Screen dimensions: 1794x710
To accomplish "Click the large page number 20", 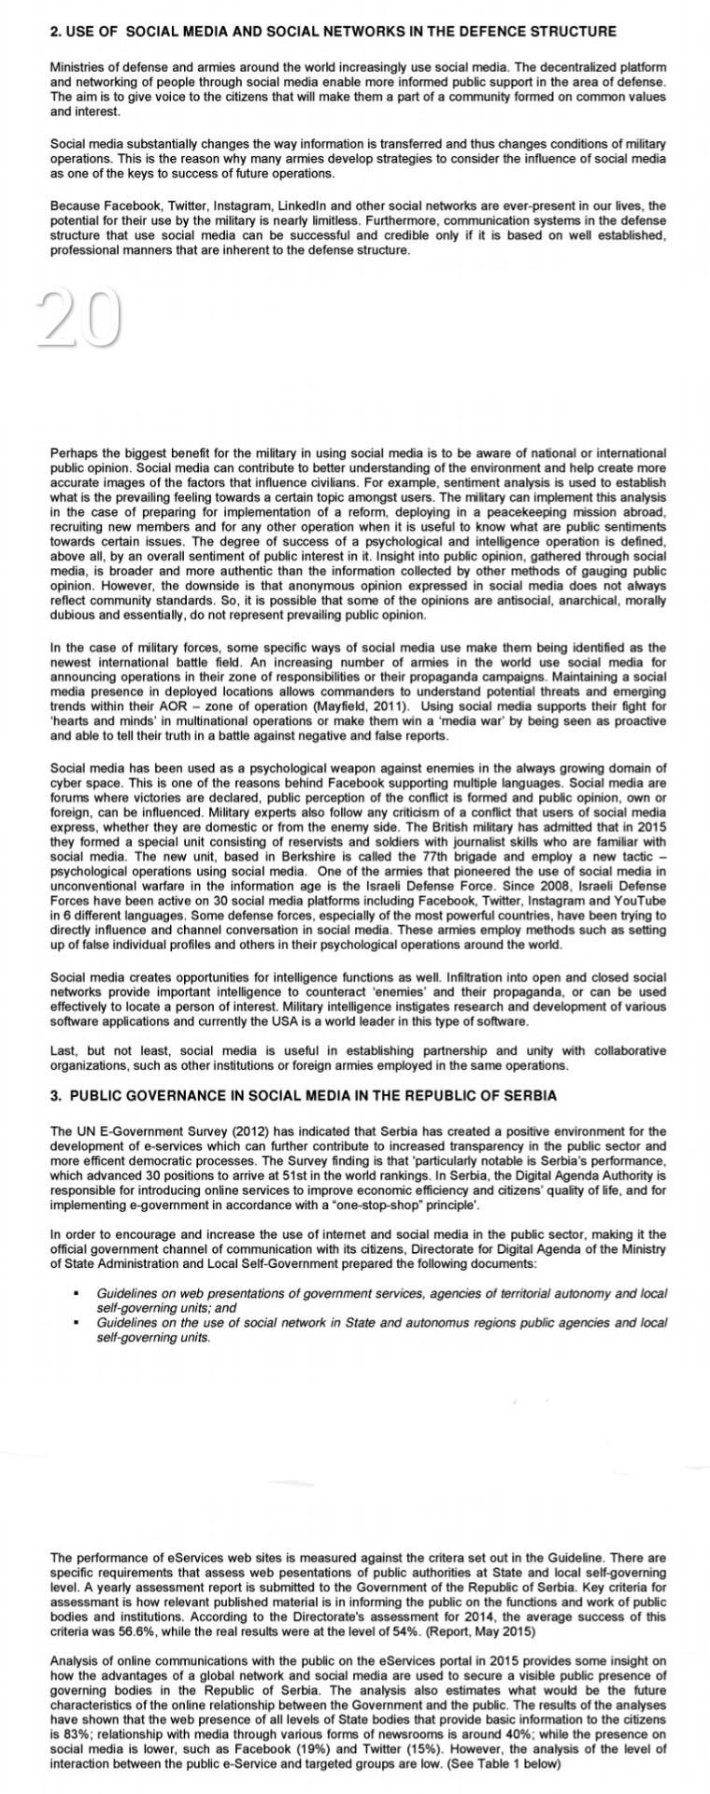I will coord(79,318).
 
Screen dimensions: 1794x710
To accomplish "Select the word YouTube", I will coord(641,902).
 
